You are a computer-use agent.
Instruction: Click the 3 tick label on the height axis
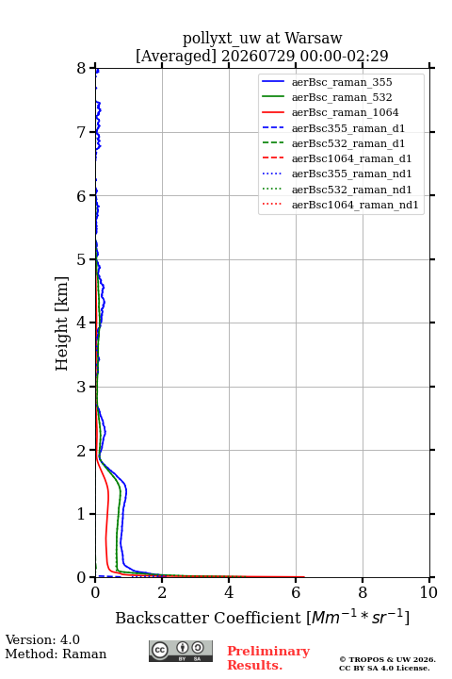(x=81, y=387)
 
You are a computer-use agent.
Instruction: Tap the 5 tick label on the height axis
(x=81, y=259)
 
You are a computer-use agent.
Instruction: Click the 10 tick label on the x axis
(x=428, y=592)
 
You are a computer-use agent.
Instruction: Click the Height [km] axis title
(x=61, y=323)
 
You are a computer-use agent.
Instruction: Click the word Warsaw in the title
(x=314, y=38)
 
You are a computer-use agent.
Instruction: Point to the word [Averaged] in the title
(x=176, y=56)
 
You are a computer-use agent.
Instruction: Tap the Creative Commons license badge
(x=181, y=652)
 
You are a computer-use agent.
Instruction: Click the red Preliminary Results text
(x=268, y=658)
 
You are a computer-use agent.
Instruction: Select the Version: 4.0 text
(x=42, y=639)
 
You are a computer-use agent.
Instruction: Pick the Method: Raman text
(x=56, y=654)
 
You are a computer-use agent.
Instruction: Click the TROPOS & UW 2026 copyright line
(x=388, y=659)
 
